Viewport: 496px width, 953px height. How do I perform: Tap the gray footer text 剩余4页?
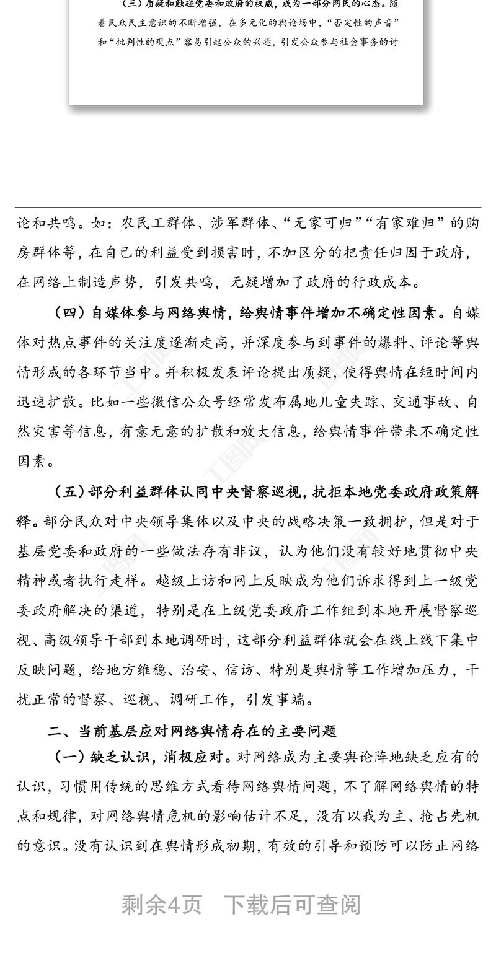[x=162, y=905]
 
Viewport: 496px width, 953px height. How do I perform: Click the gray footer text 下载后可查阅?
[x=292, y=905]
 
